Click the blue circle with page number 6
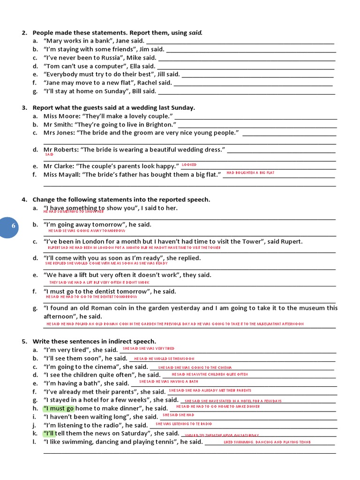pos(14,226)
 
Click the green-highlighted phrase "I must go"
pos(59,408)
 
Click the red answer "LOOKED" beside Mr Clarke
pos(189,165)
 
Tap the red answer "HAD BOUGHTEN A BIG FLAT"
pos(250,173)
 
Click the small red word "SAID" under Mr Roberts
pos(49,154)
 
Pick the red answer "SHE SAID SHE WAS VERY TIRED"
pos(148,349)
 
